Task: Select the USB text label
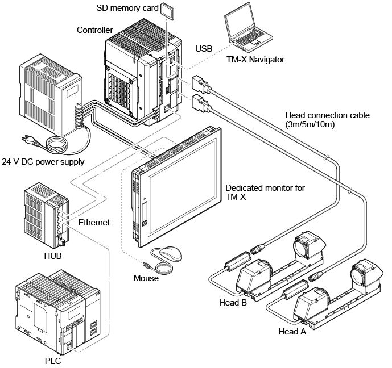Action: click(x=204, y=49)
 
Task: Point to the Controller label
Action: click(x=94, y=30)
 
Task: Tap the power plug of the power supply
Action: click(x=27, y=138)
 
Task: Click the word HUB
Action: click(x=52, y=256)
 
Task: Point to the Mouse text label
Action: click(x=146, y=278)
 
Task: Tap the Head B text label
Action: click(x=232, y=303)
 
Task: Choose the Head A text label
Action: click(x=292, y=331)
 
